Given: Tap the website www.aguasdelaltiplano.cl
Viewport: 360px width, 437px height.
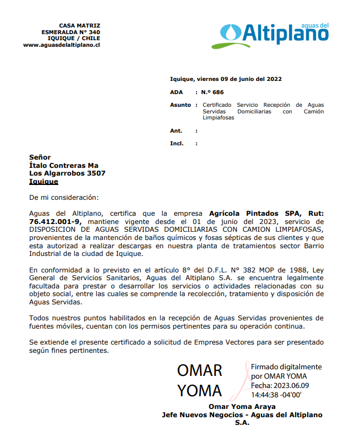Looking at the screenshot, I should point(62,45).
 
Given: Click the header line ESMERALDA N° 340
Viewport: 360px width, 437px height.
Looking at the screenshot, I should point(70,32).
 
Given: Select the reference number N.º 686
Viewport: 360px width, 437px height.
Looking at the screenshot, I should point(212,92).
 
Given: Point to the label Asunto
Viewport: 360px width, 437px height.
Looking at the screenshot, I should point(181,105).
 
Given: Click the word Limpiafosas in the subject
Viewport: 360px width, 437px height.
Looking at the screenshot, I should point(218,118).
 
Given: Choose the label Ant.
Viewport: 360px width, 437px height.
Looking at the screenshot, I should point(176,131).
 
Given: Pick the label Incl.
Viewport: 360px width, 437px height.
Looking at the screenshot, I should point(177,144).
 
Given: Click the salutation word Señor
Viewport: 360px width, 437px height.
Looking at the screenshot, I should point(40,157).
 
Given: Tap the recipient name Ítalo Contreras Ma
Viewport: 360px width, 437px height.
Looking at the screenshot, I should point(64,165).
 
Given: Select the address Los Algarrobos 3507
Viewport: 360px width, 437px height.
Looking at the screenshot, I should point(67,173).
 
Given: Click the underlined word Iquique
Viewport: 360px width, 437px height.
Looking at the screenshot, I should point(43,182).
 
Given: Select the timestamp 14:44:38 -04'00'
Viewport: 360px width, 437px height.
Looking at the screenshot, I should point(276,395).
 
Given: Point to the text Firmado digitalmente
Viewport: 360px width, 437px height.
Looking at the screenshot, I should point(286,367).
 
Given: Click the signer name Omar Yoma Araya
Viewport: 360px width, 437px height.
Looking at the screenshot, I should point(242,407).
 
